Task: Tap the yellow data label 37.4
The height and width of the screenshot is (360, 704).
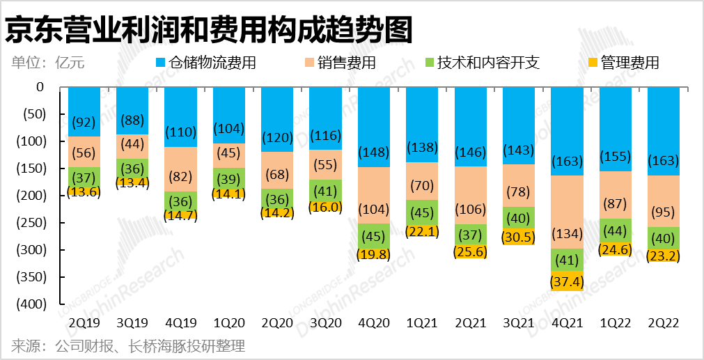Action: (x=567, y=282)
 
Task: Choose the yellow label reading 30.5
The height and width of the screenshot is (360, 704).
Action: (x=518, y=236)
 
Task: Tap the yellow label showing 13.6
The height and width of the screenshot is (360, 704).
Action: (x=84, y=191)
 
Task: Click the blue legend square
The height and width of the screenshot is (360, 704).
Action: (x=161, y=63)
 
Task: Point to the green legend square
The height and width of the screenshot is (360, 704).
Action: (x=430, y=63)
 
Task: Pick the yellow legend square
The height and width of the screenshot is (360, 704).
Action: (x=593, y=63)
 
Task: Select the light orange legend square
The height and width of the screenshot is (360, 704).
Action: (x=310, y=63)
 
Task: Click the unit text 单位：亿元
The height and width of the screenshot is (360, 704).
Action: (x=47, y=63)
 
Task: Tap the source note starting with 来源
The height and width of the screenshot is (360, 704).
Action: (x=128, y=346)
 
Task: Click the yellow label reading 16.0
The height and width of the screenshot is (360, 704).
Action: (x=325, y=206)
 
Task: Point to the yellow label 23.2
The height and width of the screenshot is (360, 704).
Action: (x=664, y=256)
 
